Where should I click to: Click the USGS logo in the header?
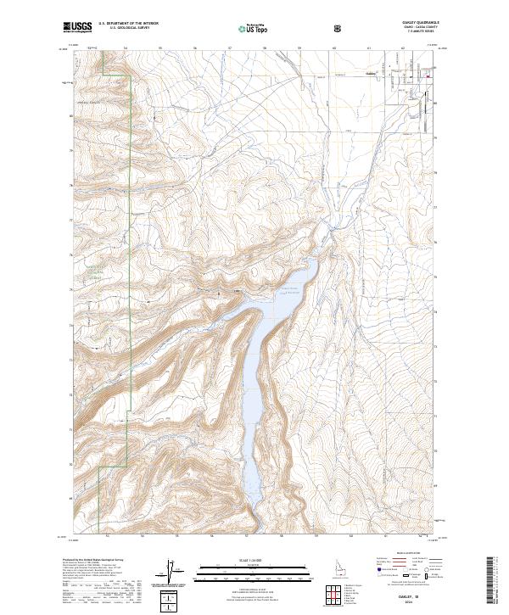click(77, 28)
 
